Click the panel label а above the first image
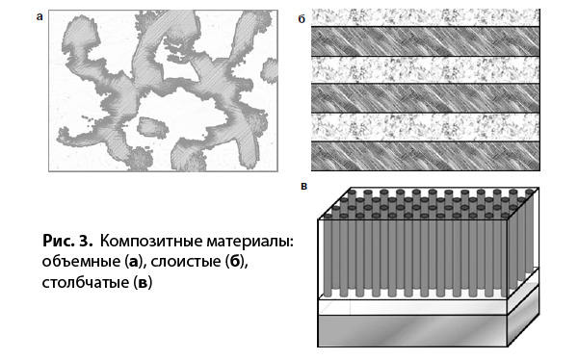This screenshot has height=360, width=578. click(39, 15)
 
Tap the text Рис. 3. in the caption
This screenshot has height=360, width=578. click(70, 238)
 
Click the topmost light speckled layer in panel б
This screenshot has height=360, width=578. click(424, 16)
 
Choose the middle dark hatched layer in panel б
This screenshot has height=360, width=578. click(424, 97)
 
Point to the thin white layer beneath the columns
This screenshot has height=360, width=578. click(414, 305)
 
